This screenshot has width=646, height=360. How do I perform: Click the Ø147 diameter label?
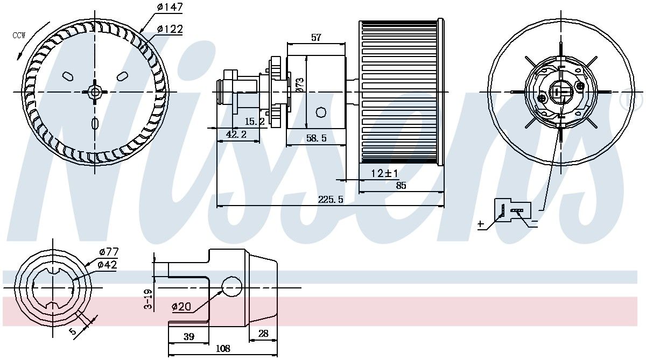pyautogui.click(x=170, y=7)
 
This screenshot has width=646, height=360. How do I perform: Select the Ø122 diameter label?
pyautogui.click(x=170, y=29)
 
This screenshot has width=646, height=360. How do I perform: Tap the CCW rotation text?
pyautogui.click(x=19, y=36)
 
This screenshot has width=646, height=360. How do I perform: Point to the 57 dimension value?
pyautogui.click(x=316, y=38)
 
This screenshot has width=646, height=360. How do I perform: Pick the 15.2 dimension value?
pyautogui.click(x=255, y=122)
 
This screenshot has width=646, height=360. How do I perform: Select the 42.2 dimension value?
pyautogui.click(x=236, y=135)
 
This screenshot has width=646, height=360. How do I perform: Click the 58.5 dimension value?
pyautogui.click(x=317, y=138)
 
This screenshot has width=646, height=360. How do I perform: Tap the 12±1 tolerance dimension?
pyautogui.click(x=384, y=173)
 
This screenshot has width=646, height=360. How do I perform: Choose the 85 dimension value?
pyautogui.click(x=401, y=186)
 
